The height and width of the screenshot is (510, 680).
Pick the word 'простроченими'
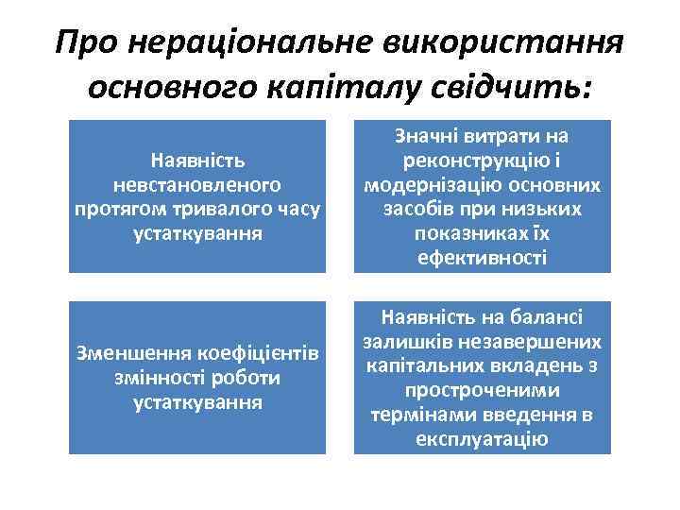(x=482, y=389)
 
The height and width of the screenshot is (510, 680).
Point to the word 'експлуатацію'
(x=482, y=438)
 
